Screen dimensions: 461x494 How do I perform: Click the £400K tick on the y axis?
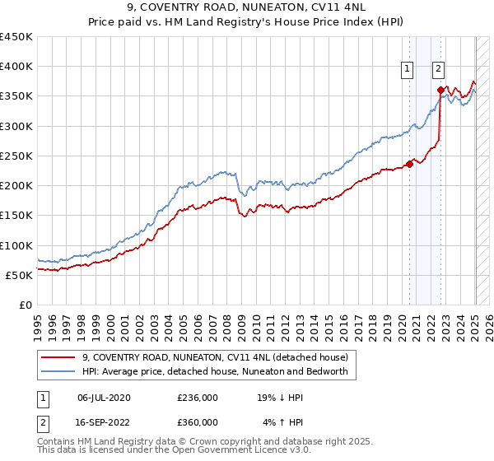coord(16,67)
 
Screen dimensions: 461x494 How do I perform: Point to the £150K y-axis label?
coord(16,215)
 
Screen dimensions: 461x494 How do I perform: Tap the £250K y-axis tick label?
coord(16,156)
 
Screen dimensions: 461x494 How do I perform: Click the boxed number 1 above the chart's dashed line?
coord(408,70)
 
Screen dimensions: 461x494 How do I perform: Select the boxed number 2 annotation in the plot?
coord(439,70)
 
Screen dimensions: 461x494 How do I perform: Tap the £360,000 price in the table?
coord(198,421)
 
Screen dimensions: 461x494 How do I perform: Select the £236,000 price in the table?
coord(198,397)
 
